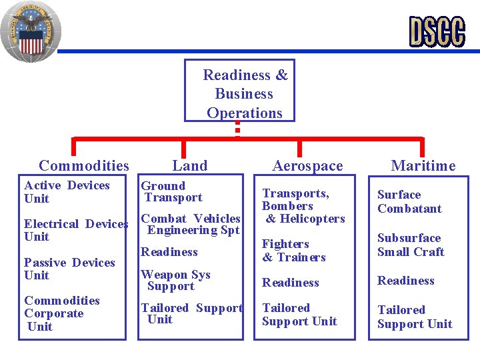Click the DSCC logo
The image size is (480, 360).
tap(437, 31)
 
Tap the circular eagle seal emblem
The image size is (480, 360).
tap(30, 31)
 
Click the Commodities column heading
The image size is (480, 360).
tap(84, 165)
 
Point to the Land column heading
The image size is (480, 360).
tap(189, 165)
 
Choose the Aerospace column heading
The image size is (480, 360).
tap(307, 165)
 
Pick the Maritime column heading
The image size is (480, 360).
tap(423, 165)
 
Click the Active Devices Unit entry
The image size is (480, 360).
tap(67, 192)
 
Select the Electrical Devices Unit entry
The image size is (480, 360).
tap(75, 230)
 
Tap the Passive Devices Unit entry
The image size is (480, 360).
tap(69, 269)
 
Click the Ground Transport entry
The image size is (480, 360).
tap(172, 191)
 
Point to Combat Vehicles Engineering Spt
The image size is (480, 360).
tap(191, 224)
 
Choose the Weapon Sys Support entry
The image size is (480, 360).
tap(175, 280)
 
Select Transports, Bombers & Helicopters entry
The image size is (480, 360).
tap(303, 206)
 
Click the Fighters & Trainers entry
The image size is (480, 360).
tap(293, 251)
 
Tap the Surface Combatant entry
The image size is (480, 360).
tap(409, 201)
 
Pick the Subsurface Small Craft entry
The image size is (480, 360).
tap(410, 245)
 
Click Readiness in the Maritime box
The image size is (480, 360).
tap(405, 281)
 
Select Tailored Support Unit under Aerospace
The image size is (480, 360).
tap(299, 315)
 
